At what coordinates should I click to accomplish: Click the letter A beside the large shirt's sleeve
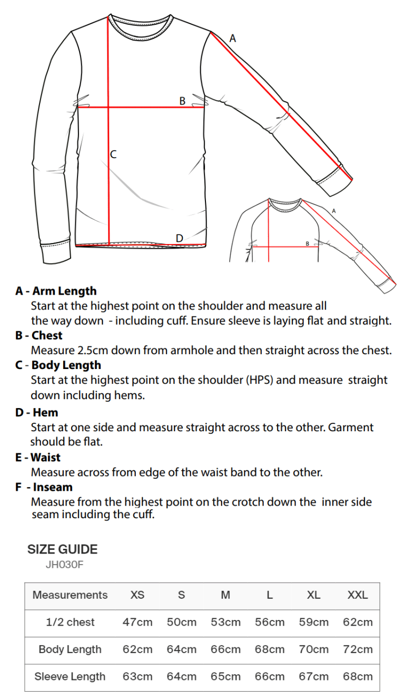pyautogui.click(x=232, y=38)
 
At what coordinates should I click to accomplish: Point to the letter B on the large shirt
pyautogui.click(x=182, y=101)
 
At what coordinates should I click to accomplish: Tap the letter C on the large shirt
pyautogui.click(x=113, y=154)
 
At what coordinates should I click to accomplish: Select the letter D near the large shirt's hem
pyautogui.click(x=179, y=238)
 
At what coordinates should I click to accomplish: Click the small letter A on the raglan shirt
pyautogui.click(x=334, y=210)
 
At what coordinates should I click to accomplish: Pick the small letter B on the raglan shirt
pyautogui.click(x=307, y=243)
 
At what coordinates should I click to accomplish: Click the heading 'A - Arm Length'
pyautogui.click(x=56, y=291)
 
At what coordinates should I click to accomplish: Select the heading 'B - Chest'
pyautogui.click(x=39, y=335)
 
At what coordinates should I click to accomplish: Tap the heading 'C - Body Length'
pyautogui.click(x=58, y=365)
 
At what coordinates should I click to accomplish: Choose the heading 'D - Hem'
pyautogui.click(x=36, y=412)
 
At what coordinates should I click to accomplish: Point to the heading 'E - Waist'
pyautogui.click(x=38, y=458)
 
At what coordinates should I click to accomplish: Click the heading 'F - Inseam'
pyautogui.click(x=44, y=487)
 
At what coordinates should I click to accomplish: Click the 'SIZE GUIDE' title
pyautogui.click(x=62, y=549)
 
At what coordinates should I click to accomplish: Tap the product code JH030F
pyautogui.click(x=65, y=565)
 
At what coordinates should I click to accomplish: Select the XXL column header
pyautogui.click(x=358, y=595)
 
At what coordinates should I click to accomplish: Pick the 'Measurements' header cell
pyautogui.click(x=70, y=595)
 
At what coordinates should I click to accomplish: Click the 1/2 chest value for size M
pyautogui.click(x=225, y=622)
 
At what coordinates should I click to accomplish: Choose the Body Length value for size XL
pyautogui.click(x=313, y=649)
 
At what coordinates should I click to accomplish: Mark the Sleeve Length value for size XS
pyautogui.click(x=137, y=676)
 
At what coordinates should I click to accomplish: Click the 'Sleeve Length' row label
pyautogui.click(x=70, y=676)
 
